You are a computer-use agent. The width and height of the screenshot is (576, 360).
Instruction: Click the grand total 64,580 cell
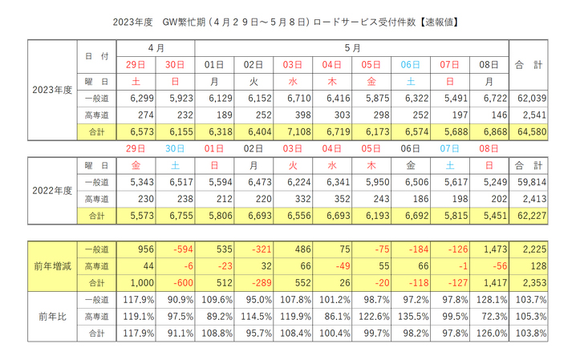pyautogui.click(x=531, y=131)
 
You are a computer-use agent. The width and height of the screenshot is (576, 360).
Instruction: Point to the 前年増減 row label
pyautogui.click(x=51, y=265)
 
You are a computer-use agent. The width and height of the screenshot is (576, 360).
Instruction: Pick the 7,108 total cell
pyautogui.click(x=293, y=131)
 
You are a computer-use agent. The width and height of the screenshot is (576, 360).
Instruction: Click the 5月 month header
pyautogui.click(x=353, y=47)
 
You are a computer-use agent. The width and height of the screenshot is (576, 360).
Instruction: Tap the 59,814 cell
pyautogui.click(x=531, y=181)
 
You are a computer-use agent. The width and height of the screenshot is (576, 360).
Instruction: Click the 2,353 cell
pyautogui.click(x=531, y=281)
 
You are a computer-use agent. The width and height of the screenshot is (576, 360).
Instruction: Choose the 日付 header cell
pyautogui.click(x=96, y=55)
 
